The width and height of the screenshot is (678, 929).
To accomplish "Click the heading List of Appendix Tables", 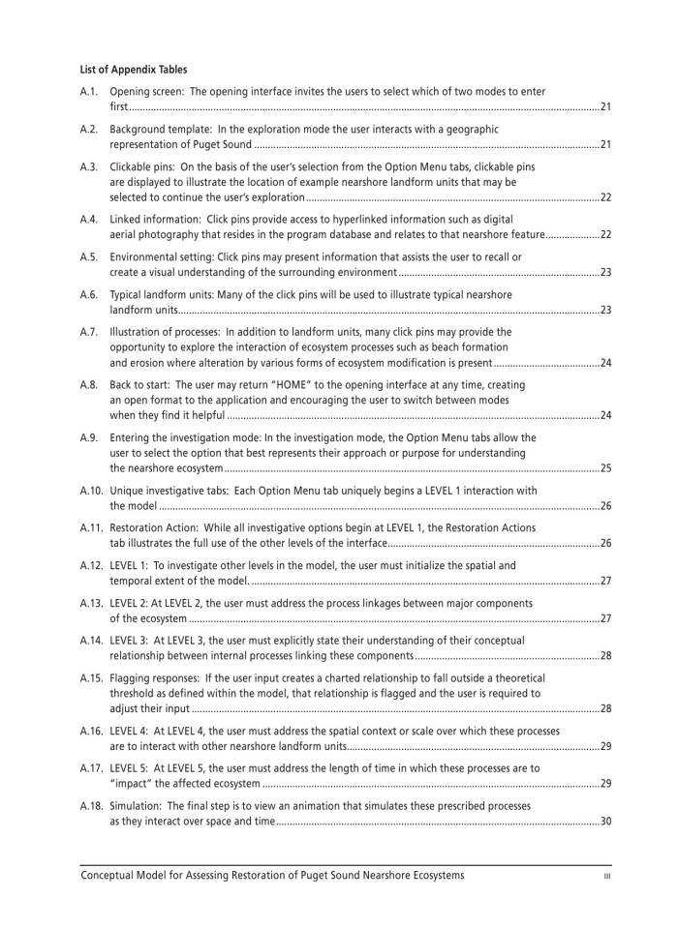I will tap(134, 70).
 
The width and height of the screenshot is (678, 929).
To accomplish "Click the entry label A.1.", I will tap(89, 92).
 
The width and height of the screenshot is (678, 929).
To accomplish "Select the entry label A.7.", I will tap(89, 332).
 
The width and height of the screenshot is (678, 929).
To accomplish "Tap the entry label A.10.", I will tap(92, 491).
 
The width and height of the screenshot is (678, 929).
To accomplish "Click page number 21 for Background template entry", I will tap(605, 144).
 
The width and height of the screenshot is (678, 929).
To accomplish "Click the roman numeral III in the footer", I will tap(605, 877).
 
